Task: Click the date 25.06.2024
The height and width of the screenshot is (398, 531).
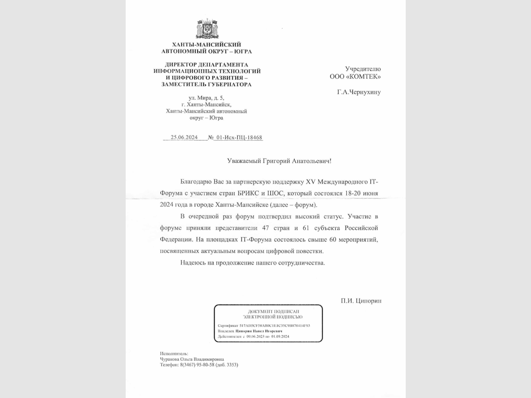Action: pos(184,138)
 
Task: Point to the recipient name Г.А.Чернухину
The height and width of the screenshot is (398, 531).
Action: pos(359,92)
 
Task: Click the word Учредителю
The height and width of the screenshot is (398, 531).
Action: pos(363,69)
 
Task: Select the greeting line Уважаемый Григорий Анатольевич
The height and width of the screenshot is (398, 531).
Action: pos(279,161)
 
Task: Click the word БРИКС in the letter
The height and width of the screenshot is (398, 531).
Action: pos(249,193)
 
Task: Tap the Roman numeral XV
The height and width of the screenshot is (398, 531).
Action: pos(311,182)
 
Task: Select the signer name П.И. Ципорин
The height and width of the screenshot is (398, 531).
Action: pos(361,301)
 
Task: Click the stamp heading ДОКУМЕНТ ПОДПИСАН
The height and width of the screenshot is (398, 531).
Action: pos(273,311)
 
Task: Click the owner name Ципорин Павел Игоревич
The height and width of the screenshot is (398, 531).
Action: pos(259,331)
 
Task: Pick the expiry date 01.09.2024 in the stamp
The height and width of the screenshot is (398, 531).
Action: pos(280,337)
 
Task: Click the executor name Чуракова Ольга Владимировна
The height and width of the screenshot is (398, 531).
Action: pos(192,359)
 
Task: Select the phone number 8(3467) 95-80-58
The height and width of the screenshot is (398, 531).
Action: pos(197,365)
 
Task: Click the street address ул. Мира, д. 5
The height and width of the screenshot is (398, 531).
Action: pos(206,98)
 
